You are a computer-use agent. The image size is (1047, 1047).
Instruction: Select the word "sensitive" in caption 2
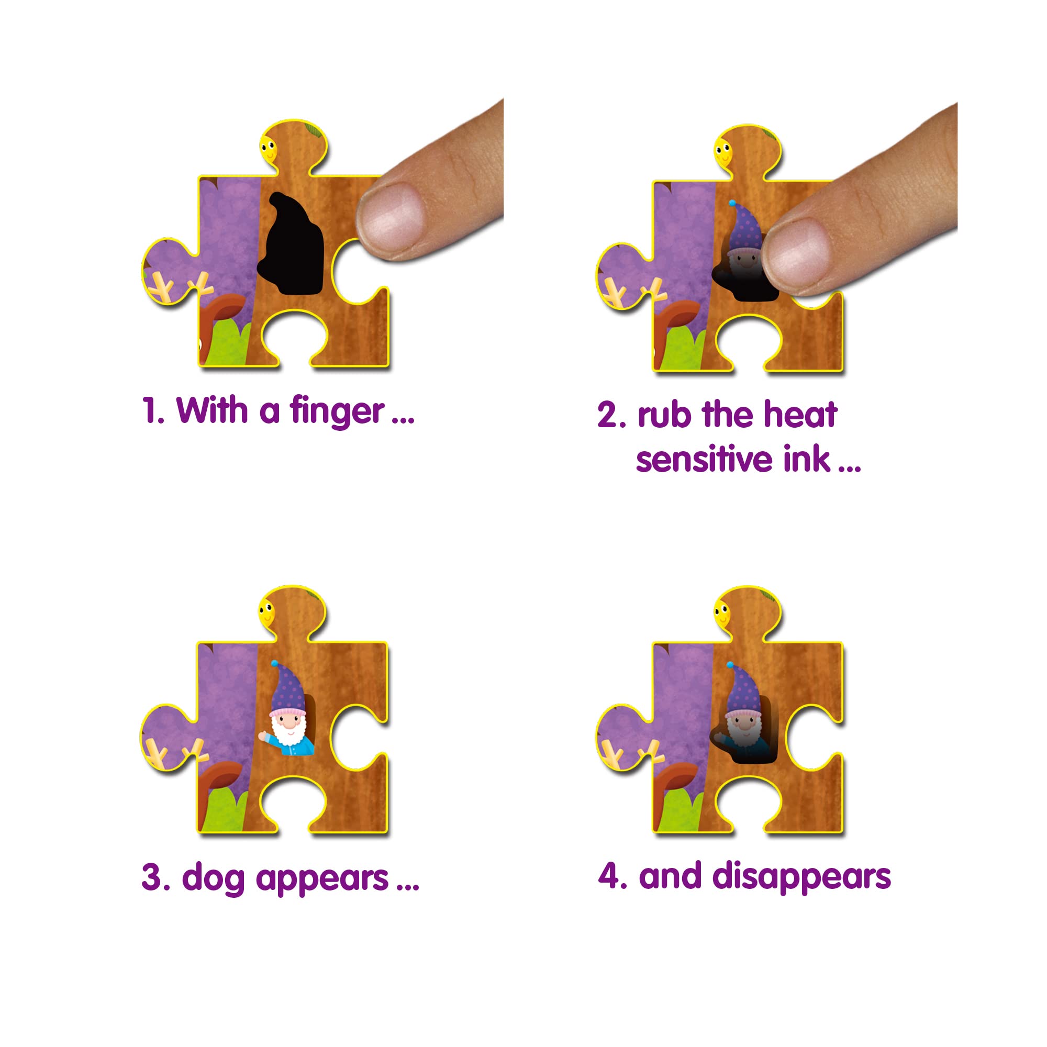(705, 460)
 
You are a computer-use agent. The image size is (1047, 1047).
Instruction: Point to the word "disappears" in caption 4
(801, 877)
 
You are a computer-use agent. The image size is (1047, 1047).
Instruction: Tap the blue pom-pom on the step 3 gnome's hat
(274, 663)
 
